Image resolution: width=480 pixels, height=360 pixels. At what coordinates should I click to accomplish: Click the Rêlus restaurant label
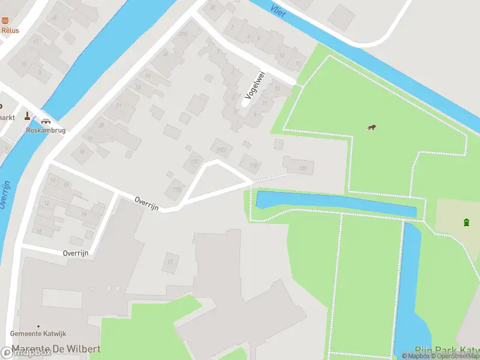(10, 30)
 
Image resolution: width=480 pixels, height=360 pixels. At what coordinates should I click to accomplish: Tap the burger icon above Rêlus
(5, 20)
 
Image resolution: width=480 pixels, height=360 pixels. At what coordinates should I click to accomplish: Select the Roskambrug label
(46, 130)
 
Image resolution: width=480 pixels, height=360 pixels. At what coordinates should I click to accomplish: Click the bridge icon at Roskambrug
(46, 120)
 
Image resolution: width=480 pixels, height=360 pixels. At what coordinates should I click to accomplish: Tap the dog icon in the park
(372, 127)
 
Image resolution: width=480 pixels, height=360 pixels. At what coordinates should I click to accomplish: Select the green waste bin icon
(467, 223)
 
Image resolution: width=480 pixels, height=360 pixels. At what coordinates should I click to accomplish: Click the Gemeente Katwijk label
(38, 334)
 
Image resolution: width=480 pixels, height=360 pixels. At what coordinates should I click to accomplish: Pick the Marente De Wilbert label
(54, 349)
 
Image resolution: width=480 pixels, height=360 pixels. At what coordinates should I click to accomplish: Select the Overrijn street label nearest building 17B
(146, 203)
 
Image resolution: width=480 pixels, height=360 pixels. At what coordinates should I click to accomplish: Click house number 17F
(302, 169)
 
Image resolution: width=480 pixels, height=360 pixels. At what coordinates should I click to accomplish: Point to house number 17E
(255, 165)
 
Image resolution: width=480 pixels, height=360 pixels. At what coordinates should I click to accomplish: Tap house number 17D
(221, 149)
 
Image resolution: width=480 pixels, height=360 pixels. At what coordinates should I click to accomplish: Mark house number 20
(101, 125)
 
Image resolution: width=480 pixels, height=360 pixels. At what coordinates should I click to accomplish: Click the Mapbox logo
(27, 353)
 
